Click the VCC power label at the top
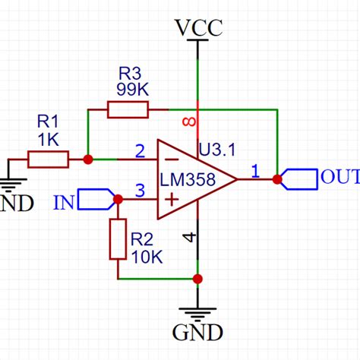click(199, 28)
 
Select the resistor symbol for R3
click(128, 110)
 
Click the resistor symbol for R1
click(49, 159)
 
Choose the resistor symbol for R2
click(118, 238)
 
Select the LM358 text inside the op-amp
click(188, 179)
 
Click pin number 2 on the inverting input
click(140, 150)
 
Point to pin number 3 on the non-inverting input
click(140, 191)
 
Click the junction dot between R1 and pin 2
click(88, 159)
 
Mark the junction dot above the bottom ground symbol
click(198, 279)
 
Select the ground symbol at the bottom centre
click(198, 313)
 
